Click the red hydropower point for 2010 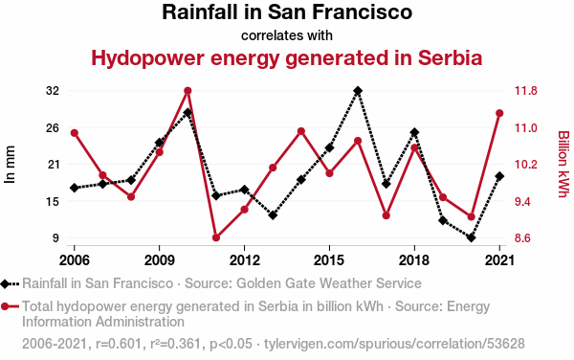pos(188,91)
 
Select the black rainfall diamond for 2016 pos(358,91)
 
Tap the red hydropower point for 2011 pos(216,237)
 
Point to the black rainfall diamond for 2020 pos(472,237)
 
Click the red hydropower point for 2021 pos(499,113)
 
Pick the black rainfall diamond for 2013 pos(273,215)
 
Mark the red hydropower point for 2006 pos(75,133)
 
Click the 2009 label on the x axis pos(159,260)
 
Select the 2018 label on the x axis pos(414,260)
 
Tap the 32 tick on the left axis pos(53,91)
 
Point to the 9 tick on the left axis pos(55,238)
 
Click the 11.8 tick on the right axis pos(526,91)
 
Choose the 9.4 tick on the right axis pos(526,201)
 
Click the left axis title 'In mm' pos(10,165)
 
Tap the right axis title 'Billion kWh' pos(563,164)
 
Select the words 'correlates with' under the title pos(287,35)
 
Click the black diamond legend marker pos(5,283)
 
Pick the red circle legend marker pos(5,306)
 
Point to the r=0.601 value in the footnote pos(119,344)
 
